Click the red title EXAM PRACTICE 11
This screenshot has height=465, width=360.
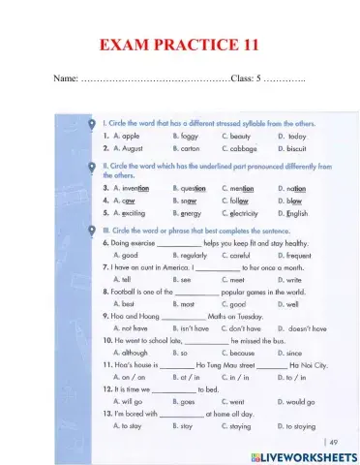pos(179,45)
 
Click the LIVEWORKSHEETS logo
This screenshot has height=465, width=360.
pos(304,454)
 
